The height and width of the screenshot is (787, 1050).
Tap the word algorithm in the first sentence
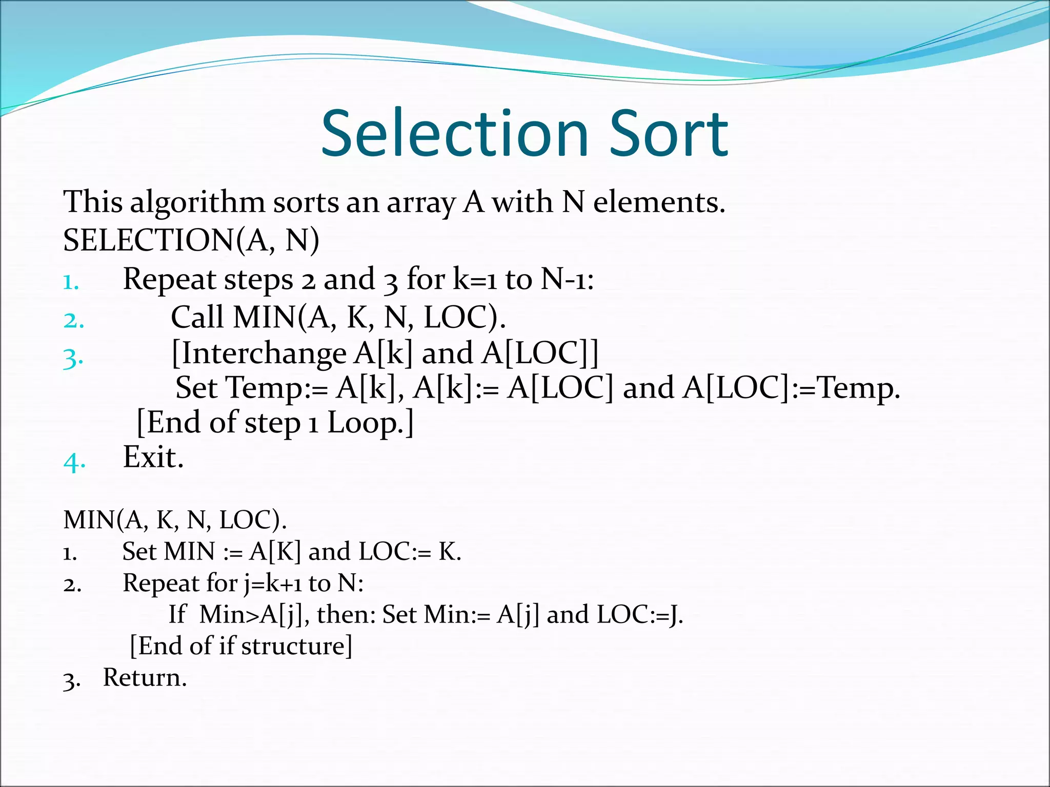197,203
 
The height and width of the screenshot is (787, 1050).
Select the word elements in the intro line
659,202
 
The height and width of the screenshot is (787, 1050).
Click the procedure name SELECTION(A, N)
191,240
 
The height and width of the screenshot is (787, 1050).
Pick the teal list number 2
73,321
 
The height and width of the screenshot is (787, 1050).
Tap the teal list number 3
73,358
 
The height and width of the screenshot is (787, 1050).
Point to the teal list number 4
74,462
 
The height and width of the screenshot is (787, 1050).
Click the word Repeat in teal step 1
170,280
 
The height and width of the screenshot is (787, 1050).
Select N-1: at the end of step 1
567,280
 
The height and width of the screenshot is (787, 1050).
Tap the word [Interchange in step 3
259,354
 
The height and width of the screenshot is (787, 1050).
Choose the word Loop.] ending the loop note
370,424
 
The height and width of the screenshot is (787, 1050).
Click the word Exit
153,457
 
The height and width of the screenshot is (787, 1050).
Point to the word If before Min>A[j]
177,614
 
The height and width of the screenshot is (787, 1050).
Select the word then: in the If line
347,614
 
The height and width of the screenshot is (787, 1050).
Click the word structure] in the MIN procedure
297,646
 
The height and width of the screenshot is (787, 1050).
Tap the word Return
145,678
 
